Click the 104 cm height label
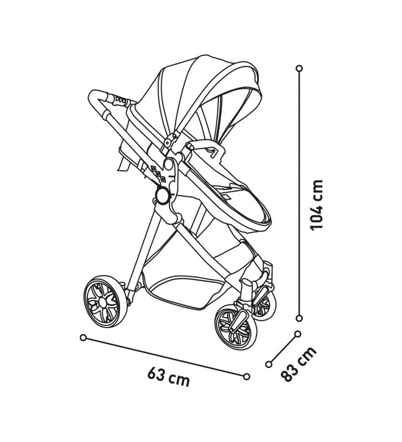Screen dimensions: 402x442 316,205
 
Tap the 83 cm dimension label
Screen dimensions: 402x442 299,364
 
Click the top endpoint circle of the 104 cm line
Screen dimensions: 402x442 299,69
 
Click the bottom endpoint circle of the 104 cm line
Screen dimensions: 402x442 299,318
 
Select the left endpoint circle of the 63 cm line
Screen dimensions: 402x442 83,338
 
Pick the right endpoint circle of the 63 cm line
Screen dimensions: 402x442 246,376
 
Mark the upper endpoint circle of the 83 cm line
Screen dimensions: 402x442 297,334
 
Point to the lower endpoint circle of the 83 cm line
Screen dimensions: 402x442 269,364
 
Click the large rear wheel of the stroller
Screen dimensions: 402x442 105,302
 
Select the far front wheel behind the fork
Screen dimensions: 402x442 264,304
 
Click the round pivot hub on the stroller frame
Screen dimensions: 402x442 163,195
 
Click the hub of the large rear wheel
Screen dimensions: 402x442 102,302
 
